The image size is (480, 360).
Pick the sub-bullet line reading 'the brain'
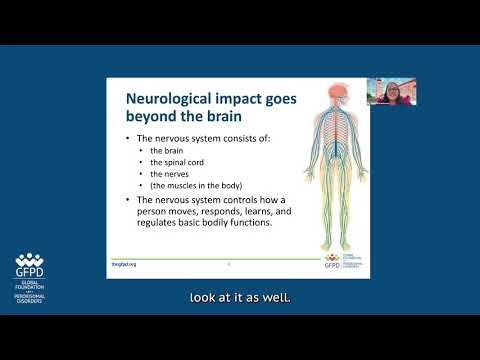click(x=161, y=151)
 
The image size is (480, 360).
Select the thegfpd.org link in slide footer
click(x=123, y=263)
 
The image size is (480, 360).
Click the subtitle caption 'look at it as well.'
click(x=240, y=297)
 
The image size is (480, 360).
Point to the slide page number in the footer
click(x=229, y=264)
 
